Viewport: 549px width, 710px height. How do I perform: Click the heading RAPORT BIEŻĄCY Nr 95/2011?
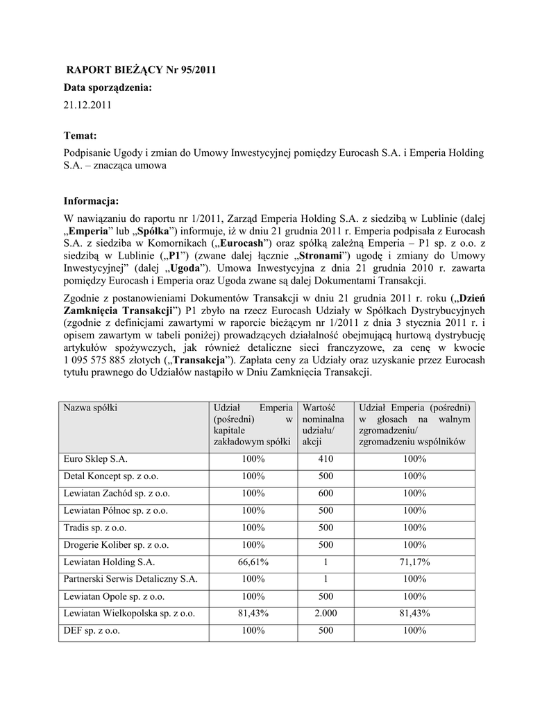click(x=141, y=69)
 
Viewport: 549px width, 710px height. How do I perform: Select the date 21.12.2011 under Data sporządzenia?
click(x=87, y=105)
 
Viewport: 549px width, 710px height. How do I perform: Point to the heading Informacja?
click(x=92, y=201)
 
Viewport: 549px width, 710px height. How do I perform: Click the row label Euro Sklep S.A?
click(x=96, y=459)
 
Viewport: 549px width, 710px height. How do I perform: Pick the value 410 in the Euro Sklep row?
click(x=326, y=459)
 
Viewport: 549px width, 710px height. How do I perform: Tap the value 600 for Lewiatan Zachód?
click(x=326, y=493)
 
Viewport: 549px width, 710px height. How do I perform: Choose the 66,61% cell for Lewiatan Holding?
click(x=253, y=562)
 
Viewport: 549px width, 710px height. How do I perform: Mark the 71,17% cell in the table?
click(x=414, y=562)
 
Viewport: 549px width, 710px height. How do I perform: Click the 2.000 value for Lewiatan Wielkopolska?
click(x=326, y=613)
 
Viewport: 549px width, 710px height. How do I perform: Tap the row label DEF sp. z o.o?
click(x=92, y=630)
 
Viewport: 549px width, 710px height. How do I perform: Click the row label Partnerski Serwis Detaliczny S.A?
click(x=130, y=579)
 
